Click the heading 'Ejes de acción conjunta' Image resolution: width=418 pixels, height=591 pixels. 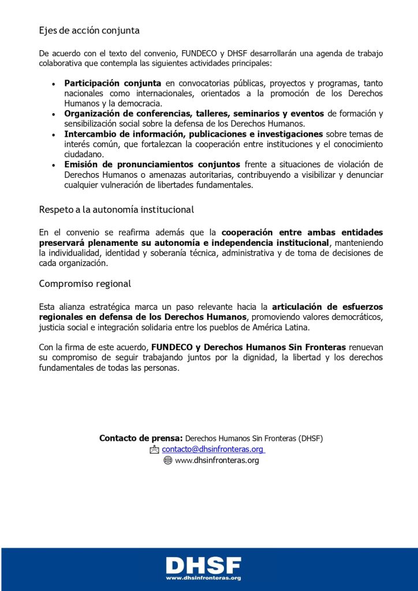(x=89, y=30)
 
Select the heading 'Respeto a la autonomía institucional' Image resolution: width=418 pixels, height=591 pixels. (x=116, y=209)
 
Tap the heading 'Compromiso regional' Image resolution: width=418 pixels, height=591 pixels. (x=85, y=284)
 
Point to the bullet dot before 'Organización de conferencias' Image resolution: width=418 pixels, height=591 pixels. (x=54, y=114)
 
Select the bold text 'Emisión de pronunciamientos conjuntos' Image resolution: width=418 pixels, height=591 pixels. (x=153, y=164)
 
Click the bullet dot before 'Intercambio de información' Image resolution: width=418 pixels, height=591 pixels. (x=54, y=134)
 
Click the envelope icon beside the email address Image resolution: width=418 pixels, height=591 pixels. (x=154, y=449)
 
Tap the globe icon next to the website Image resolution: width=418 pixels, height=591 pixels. (x=168, y=461)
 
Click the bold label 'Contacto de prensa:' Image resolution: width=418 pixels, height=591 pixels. (x=141, y=438)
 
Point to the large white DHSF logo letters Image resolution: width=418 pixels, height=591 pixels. (x=203, y=565)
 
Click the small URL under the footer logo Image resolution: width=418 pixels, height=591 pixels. (x=203, y=578)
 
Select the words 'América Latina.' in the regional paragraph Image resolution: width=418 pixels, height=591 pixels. (x=282, y=327)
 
